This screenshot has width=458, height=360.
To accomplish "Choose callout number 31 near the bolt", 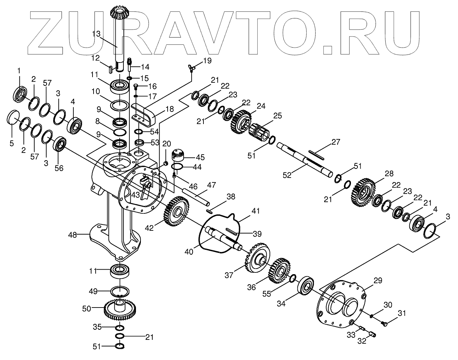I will (402, 313).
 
